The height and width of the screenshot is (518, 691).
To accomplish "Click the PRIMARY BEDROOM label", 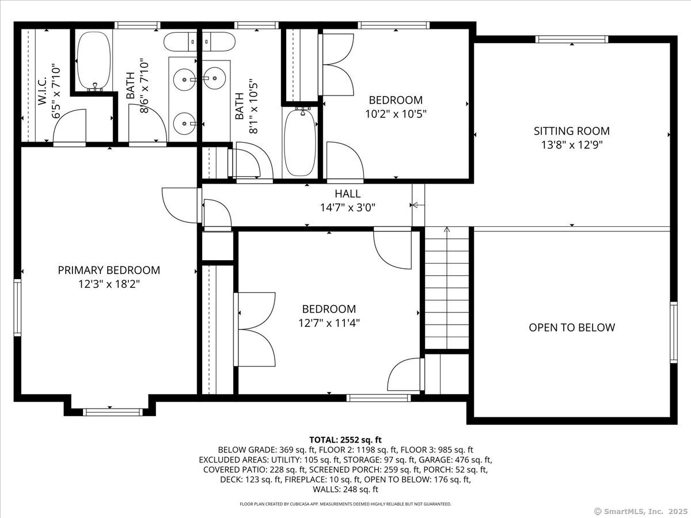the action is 109,270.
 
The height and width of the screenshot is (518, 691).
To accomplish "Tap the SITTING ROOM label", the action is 572,131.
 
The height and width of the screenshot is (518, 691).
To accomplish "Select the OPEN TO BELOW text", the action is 572,327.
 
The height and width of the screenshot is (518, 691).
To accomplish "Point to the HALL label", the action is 348,193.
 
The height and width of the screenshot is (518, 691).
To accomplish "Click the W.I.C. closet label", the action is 42,90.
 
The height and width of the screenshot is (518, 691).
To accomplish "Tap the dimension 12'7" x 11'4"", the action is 329,323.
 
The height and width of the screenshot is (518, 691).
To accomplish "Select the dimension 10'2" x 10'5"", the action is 396,114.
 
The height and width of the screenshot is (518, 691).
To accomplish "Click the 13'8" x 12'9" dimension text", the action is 572,144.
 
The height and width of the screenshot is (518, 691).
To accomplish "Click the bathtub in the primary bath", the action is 94,61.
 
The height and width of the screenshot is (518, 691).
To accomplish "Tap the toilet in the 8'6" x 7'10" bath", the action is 180,42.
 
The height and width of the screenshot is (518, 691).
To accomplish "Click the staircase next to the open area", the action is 447,287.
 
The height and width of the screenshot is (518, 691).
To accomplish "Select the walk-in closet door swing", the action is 70,126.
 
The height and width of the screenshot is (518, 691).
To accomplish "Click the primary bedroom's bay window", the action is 112,412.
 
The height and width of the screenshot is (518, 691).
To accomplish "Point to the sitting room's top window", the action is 572,39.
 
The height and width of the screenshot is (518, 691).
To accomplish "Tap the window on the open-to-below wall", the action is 674,333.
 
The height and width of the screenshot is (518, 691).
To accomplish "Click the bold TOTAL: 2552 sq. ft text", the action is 345,440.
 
